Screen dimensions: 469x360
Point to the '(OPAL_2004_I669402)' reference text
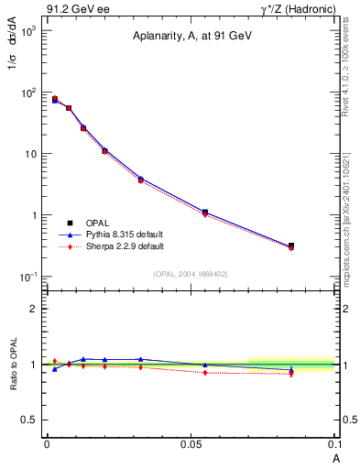[x=191, y=273]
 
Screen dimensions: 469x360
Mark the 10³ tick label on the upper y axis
[x=27, y=31]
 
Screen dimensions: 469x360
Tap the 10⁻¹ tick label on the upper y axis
[x=27, y=277]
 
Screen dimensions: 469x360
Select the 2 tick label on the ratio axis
[x=35, y=309]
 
